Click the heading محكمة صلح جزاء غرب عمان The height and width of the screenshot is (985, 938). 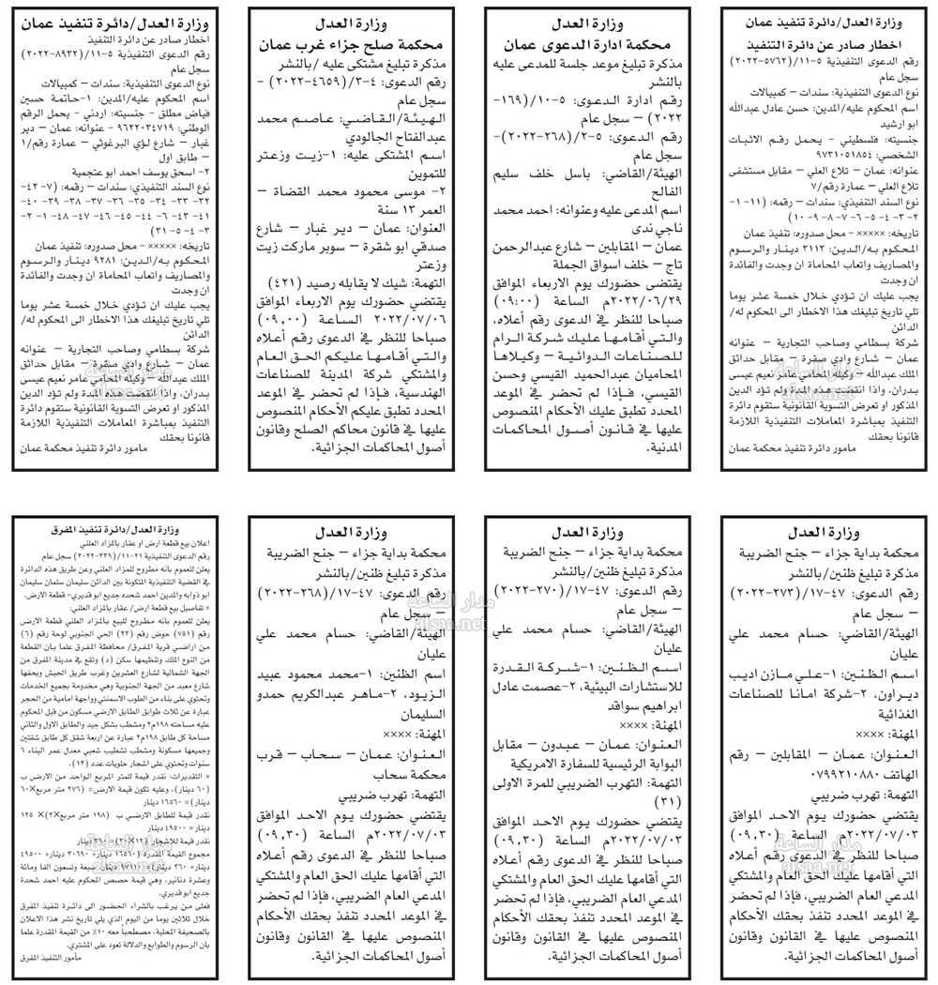[x=348, y=43]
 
